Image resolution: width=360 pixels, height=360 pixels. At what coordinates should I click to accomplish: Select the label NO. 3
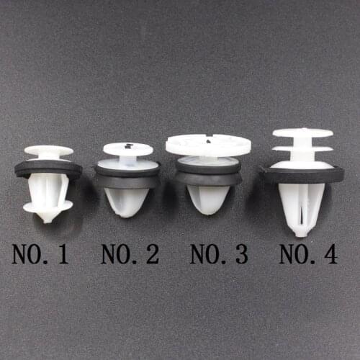219,254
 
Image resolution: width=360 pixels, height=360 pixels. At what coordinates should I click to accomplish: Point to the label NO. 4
308,254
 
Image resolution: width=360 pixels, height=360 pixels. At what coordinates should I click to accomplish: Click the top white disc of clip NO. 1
48,151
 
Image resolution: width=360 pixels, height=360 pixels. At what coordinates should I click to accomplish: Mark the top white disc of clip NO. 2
127,149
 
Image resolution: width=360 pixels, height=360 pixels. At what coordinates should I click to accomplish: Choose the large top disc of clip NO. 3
208,145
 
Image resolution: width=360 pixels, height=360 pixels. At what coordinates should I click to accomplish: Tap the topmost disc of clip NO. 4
302,133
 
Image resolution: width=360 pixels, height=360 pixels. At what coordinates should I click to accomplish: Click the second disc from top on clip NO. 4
302,149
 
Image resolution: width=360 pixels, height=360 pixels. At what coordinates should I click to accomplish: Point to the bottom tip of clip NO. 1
48,217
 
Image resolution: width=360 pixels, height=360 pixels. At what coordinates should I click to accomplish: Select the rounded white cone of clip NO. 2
127,202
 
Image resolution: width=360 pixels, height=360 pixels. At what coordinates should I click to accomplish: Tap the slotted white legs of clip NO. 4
302,209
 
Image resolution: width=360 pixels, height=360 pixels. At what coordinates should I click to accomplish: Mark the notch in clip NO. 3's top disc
208,137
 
